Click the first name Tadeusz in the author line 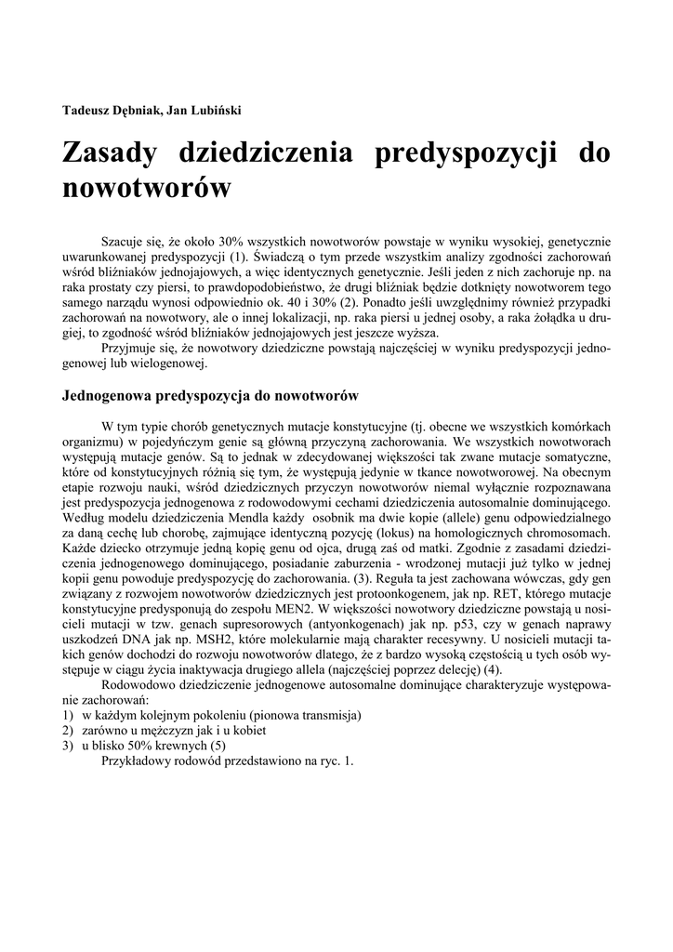click(x=90, y=111)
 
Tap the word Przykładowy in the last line click(x=139, y=760)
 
